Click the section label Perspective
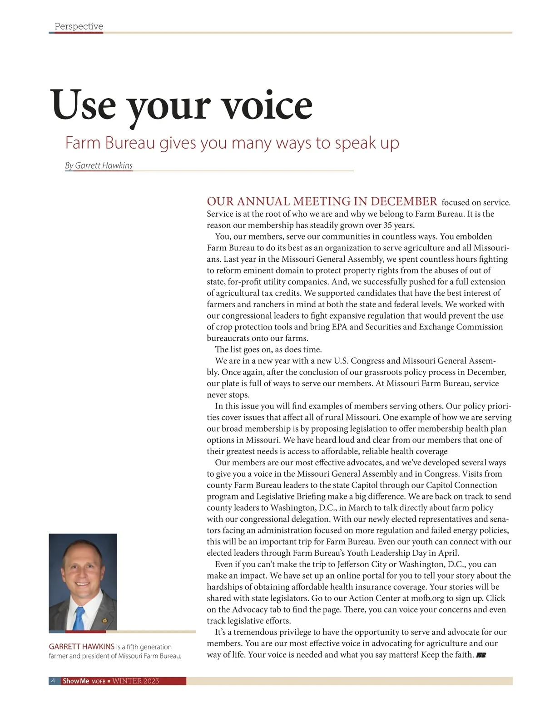click(x=79, y=26)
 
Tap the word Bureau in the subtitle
click(x=130, y=143)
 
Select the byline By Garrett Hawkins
click(x=99, y=165)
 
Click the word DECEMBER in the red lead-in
click(x=404, y=201)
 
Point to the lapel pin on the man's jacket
click(x=105, y=620)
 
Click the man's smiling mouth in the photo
click(x=82, y=584)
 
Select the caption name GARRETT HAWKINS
click(x=81, y=647)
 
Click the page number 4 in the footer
click(x=53, y=681)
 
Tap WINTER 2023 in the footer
click(x=136, y=681)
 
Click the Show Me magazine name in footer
click(x=76, y=681)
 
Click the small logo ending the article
click(x=481, y=655)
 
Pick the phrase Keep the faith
click(x=447, y=655)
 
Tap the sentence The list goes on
click(x=268, y=350)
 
